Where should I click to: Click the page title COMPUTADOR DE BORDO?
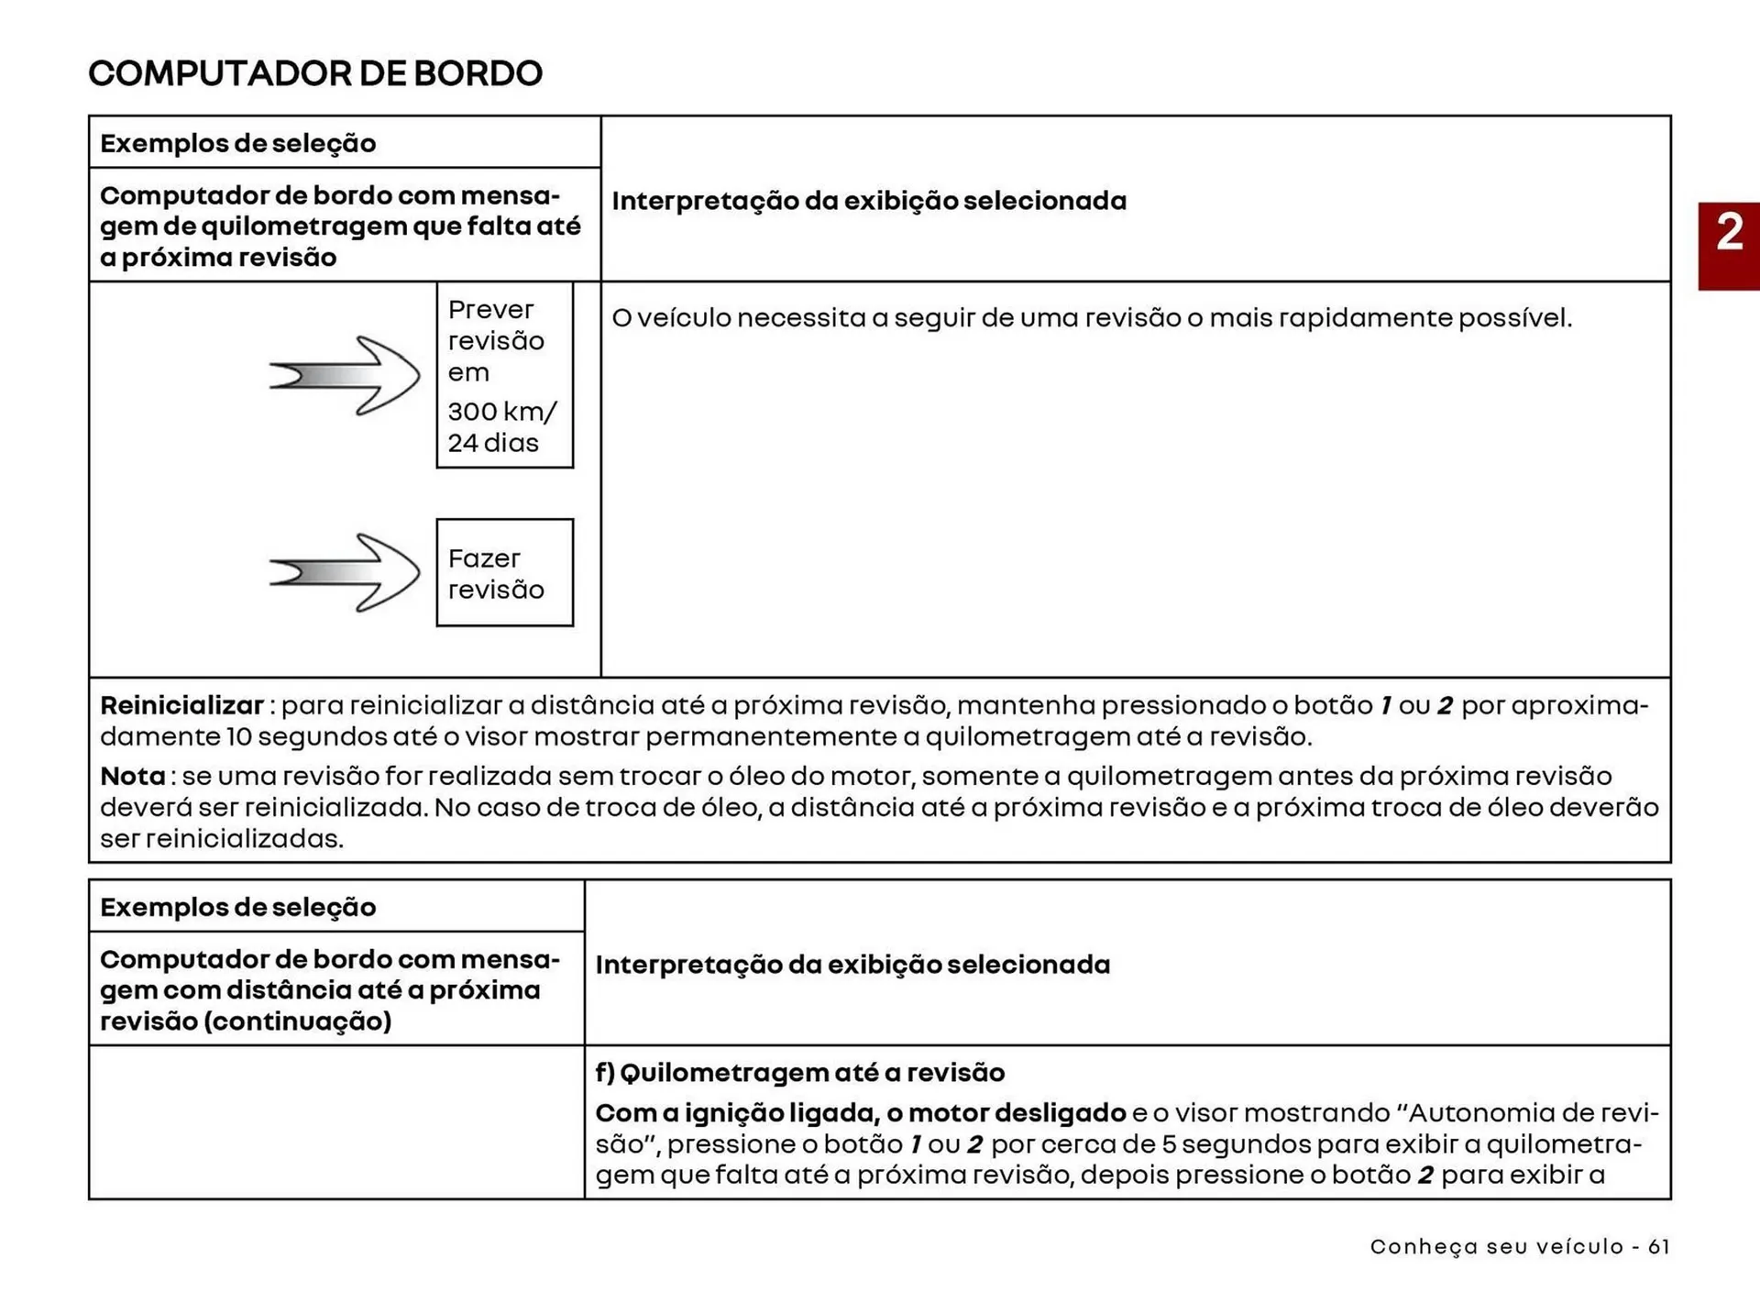pos(315,73)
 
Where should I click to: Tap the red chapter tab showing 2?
pos(1729,246)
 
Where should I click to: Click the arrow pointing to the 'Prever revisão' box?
pos(346,375)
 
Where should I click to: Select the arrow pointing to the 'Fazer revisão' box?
pos(346,573)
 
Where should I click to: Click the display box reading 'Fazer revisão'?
pos(504,573)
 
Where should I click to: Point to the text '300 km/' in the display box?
pos(501,412)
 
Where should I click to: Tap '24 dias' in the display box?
pos(493,443)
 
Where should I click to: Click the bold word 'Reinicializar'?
pos(181,706)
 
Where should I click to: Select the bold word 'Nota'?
pos(133,777)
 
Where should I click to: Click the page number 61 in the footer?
pos(1658,1247)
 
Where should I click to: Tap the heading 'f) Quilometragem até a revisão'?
pos(799,1073)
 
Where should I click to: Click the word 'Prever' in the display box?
pos(490,310)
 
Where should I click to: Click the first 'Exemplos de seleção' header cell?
pos(238,144)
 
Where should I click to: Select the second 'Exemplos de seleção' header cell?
pos(238,908)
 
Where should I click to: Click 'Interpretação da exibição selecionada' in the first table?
pos(869,201)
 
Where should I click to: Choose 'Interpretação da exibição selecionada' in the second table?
pos(852,965)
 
